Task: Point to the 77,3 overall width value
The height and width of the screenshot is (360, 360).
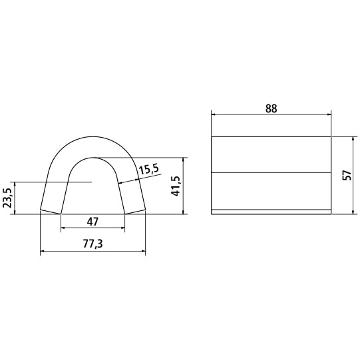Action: pyautogui.click(x=92, y=244)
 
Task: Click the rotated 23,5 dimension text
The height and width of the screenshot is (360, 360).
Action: pyautogui.click(x=7, y=198)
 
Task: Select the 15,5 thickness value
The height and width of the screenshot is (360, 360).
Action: pyautogui.click(x=149, y=169)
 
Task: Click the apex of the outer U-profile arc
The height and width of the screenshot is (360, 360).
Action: pyautogui.click(x=92, y=136)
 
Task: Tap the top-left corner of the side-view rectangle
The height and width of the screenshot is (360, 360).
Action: pyautogui.click(x=212, y=136)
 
